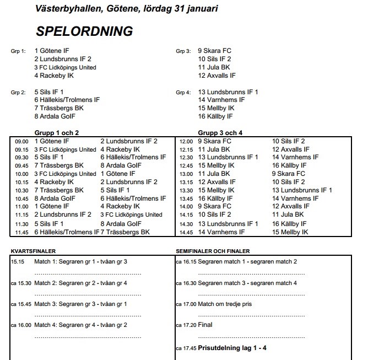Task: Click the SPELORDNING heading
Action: pos(84,31)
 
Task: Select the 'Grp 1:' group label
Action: pos(18,51)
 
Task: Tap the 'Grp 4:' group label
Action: pos(183,92)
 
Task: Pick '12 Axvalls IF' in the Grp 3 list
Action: pos(217,76)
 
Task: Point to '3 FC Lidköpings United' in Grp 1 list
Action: pos(65,67)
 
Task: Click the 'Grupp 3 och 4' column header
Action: pos(220,133)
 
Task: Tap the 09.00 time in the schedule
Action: pos(21,142)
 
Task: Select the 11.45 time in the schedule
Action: pos(21,233)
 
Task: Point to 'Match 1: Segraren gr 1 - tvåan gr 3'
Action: pos(80,261)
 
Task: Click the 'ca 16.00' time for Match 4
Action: pos(21,325)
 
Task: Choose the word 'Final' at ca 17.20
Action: pos(205,325)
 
